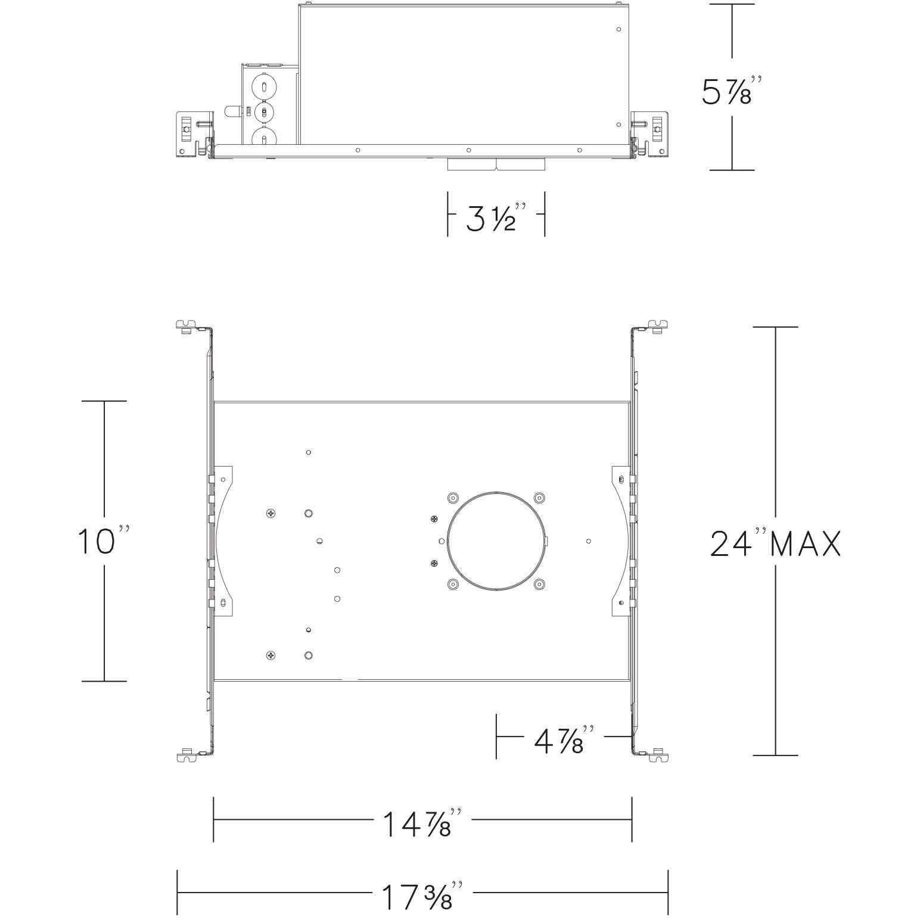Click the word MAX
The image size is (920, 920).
[806, 544]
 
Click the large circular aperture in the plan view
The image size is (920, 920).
[496, 541]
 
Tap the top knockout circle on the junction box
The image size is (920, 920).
[263, 85]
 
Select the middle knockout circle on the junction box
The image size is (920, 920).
[263, 111]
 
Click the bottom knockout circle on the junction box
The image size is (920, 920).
[263, 139]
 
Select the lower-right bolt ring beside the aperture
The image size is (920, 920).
[539, 584]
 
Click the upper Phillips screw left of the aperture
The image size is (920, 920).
[433, 520]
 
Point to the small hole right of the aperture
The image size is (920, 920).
[589, 541]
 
